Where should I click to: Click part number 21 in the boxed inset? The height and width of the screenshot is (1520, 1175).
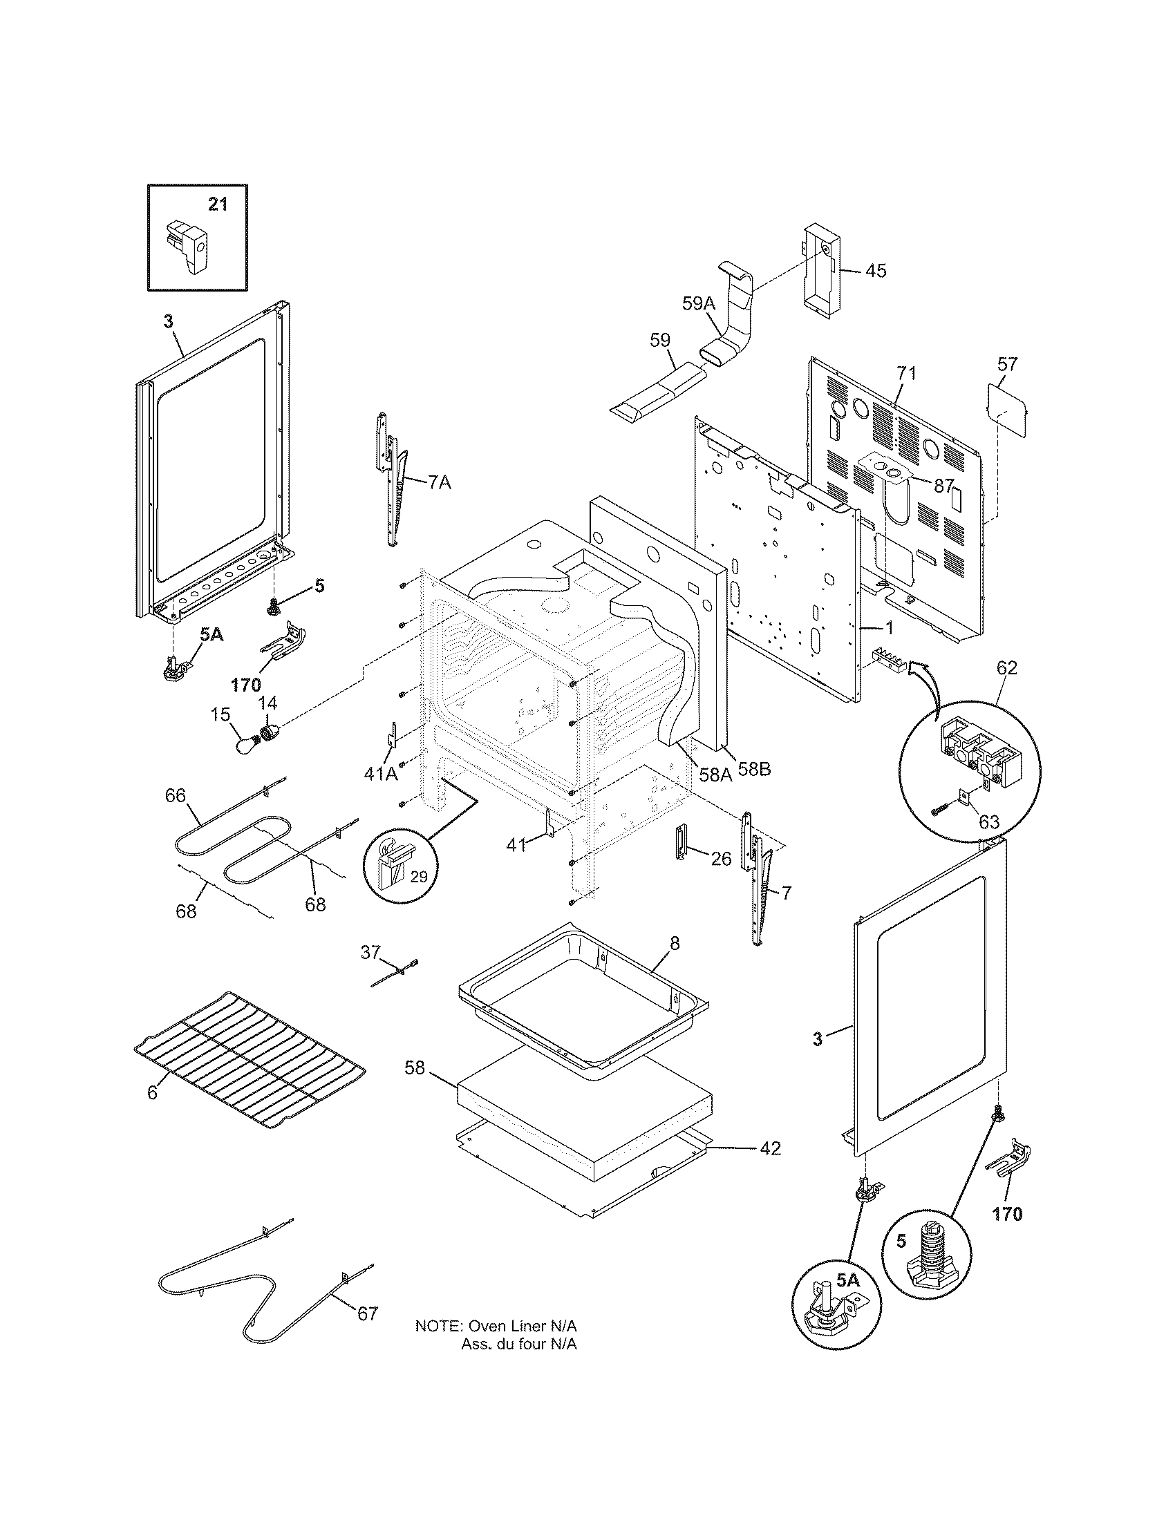pos(218,205)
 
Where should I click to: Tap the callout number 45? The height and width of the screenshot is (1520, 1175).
pos(876,271)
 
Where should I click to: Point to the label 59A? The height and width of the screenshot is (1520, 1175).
pos(698,303)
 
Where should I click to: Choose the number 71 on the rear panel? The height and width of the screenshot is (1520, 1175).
pos(905,373)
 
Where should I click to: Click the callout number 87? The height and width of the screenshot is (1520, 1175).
pos(943,486)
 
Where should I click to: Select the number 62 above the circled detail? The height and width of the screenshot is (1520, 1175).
pos(1006,668)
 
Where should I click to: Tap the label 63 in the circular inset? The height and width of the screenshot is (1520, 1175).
pos(988,822)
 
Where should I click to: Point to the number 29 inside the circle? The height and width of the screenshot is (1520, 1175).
pos(418,877)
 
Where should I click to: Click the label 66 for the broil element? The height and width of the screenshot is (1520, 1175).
pos(176,795)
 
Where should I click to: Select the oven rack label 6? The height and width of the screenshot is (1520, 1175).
pos(152,1094)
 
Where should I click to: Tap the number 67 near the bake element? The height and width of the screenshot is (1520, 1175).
pos(368,1313)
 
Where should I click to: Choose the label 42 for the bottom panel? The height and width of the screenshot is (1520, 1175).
pos(770,1148)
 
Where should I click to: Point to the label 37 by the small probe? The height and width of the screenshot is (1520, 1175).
pos(370,951)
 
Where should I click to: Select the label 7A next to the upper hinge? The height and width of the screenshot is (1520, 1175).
pos(438,482)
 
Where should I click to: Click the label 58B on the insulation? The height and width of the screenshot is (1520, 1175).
pos(755,770)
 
